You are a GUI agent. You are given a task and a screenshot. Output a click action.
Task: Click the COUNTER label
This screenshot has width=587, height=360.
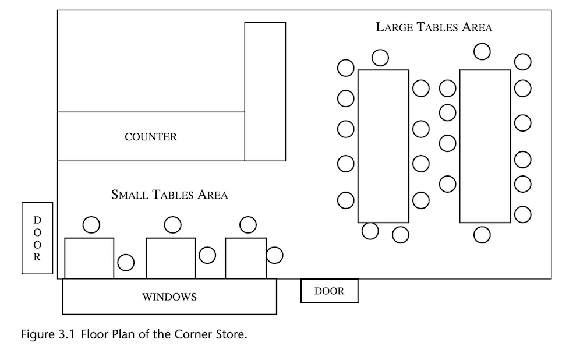tap(151, 137)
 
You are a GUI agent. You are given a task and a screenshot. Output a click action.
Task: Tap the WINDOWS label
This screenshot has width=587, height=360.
tap(169, 297)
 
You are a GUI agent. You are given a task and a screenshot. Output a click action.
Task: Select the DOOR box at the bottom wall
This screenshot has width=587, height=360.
tap(329, 291)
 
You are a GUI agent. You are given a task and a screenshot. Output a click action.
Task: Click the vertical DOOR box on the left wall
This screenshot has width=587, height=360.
tap(37, 238)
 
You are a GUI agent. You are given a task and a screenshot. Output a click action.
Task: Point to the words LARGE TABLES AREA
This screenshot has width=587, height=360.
tap(434, 27)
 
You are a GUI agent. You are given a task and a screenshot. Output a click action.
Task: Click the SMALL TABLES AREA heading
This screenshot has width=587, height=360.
tap(169, 195)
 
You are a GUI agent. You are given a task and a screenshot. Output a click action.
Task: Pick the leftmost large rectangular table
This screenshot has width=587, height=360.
tap(383, 146)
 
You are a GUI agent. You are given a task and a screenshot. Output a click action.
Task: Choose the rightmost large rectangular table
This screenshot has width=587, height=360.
tap(485, 146)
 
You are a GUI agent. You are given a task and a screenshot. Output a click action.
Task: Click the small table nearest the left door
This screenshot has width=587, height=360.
tap(89, 258)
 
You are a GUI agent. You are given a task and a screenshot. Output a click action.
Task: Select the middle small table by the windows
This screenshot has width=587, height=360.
tap(170, 258)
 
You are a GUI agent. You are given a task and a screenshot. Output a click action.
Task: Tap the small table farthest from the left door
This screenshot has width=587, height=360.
tap(246, 258)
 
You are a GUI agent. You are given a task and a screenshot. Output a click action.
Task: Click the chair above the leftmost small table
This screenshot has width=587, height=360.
tap(91, 224)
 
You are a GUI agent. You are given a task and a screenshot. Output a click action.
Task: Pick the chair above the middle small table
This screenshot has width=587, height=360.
tap(172, 224)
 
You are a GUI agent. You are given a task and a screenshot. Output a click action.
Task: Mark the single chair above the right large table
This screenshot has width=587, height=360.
tap(482, 51)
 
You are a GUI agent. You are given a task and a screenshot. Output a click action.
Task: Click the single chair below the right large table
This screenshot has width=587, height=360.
tap(482, 235)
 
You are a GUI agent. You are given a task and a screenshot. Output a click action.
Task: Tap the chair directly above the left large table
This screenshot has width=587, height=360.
tap(381, 57)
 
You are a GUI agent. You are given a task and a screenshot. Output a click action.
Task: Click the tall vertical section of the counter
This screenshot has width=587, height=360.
tap(265, 91)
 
